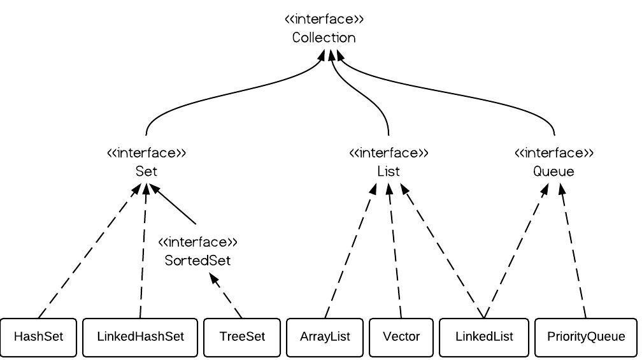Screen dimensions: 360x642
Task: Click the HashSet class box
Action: pos(38,336)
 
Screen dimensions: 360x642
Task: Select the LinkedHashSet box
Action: pos(140,336)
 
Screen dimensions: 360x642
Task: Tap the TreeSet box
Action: pos(241,336)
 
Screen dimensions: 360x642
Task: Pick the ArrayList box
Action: pos(325,336)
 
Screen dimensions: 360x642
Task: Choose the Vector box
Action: pos(401,336)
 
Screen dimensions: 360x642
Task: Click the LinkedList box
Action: pos(484,336)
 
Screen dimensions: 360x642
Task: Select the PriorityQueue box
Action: pos(586,336)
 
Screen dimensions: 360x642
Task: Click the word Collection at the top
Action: pos(324,38)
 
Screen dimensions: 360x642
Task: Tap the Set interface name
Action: pos(146,171)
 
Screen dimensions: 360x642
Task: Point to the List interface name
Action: pos(389,171)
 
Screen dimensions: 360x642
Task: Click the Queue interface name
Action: pos(553,171)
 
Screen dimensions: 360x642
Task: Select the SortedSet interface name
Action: pos(197,261)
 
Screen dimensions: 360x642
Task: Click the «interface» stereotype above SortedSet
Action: pos(197,242)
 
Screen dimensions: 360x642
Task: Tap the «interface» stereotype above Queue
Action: pos(553,153)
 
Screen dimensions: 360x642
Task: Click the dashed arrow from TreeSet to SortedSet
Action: pos(227,296)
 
